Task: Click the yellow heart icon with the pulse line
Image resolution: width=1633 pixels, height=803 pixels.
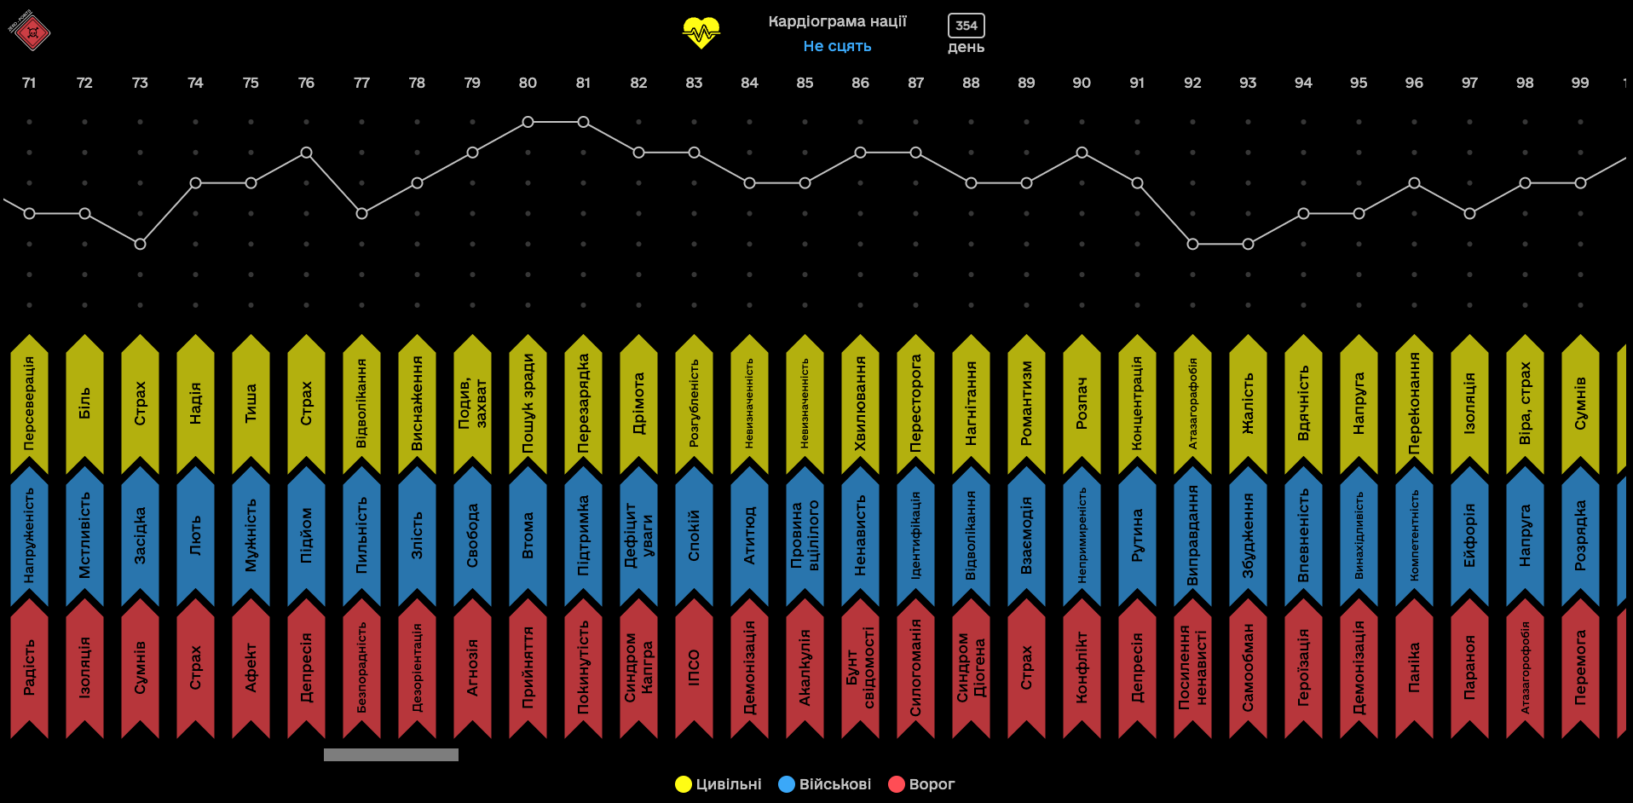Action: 701,32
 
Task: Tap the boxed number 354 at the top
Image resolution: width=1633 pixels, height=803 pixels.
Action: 966,26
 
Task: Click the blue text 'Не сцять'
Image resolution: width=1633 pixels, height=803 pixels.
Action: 837,46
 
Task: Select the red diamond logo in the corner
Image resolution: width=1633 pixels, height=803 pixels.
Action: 32,32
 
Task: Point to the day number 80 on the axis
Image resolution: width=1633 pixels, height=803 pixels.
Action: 528,83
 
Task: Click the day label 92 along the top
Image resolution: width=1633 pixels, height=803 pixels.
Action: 1192,83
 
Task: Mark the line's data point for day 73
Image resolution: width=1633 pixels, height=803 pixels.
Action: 140,244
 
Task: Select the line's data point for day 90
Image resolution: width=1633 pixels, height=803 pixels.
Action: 1082,153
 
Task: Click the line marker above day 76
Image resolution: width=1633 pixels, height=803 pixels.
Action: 306,153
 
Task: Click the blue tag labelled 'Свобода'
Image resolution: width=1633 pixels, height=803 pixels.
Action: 472,535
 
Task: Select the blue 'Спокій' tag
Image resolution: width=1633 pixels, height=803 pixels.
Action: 694,535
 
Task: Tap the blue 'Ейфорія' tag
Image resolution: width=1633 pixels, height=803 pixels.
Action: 1469,535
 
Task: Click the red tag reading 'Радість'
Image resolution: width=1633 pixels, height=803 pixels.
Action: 29,667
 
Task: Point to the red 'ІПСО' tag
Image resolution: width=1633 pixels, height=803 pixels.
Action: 694,667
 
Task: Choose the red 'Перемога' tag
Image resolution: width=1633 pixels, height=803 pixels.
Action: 1580,667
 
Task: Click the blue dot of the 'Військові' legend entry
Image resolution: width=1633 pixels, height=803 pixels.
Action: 787,784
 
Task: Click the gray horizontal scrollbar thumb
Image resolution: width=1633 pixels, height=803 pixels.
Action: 391,754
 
